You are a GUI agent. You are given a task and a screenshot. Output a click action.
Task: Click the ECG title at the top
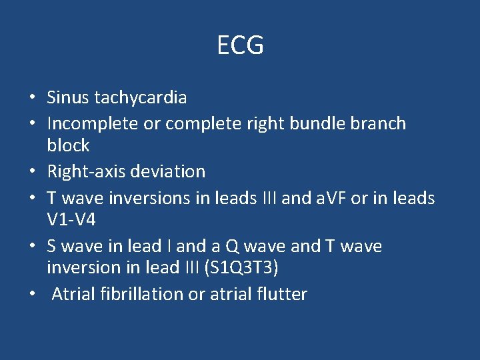[x=240, y=45]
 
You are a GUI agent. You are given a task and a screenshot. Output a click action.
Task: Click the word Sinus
[x=68, y=98]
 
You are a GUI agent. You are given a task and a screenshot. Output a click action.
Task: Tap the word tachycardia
[x=141, y=98]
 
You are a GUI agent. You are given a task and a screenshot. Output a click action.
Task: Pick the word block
[x=68, y=146]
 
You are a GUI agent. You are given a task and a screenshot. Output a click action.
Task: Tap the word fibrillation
[x=143, y=294]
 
